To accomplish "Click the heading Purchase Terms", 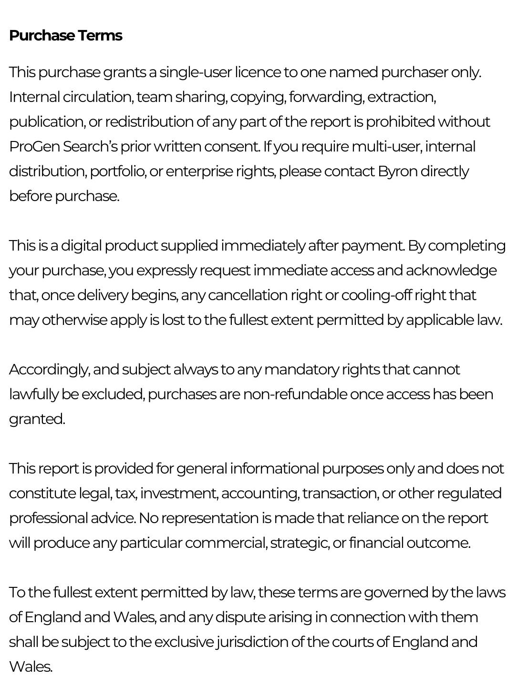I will (x=65, y=36).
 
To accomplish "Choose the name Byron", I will (x=397, y=171).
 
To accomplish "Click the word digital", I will (x=81, y=246).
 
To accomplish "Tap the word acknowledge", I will (x=451, y=271).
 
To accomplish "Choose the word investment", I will (x=180, y=494).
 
